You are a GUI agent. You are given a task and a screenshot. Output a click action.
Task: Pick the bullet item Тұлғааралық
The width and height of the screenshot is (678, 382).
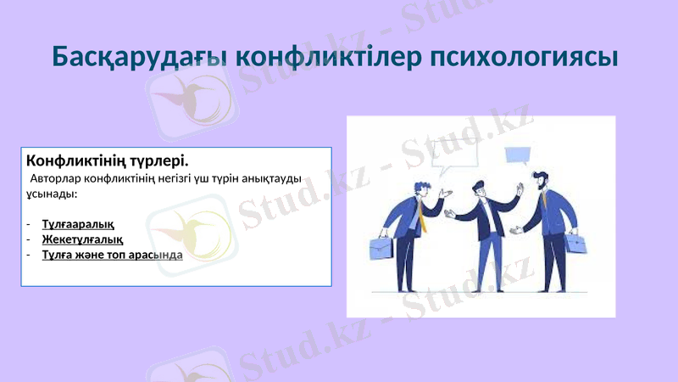click(78, 224)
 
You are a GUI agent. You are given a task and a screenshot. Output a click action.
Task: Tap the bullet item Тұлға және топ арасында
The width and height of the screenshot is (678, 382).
click(111, 254)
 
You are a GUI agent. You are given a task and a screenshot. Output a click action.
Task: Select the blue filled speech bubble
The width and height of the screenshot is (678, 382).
click(517, 154)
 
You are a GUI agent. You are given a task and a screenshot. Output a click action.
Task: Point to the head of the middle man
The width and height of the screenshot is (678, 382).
click(480, 188)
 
